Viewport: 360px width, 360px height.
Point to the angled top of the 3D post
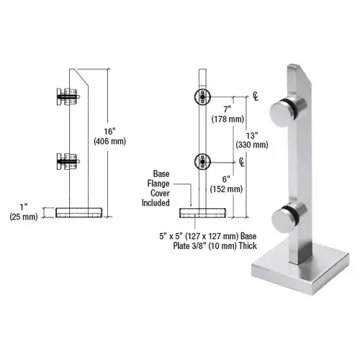tap(300, 71)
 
